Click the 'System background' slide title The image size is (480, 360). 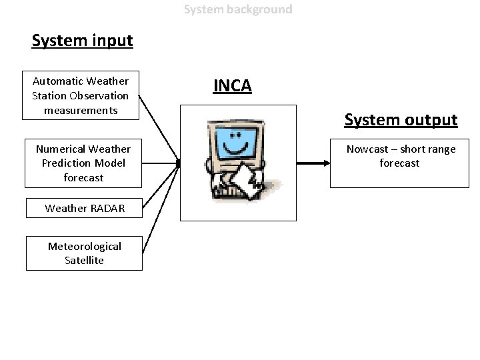(x=238, y=9)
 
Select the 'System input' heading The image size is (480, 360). (x=83, y=41)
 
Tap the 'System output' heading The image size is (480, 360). (x=401, y=120)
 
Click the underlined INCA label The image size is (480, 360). (x=232, y=85)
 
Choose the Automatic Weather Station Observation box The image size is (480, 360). (x=80, y=95)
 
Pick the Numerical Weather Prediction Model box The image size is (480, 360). (x=83, y=163)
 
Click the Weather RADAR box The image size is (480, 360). (x=84, y=208)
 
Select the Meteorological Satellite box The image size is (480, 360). (x=84, y=253)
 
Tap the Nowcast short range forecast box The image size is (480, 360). (x=400, y=163)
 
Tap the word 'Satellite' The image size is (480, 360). (x=84, y=261)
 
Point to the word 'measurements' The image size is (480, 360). (x=81, y=109)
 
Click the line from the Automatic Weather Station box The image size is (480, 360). (x=160, y=130)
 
